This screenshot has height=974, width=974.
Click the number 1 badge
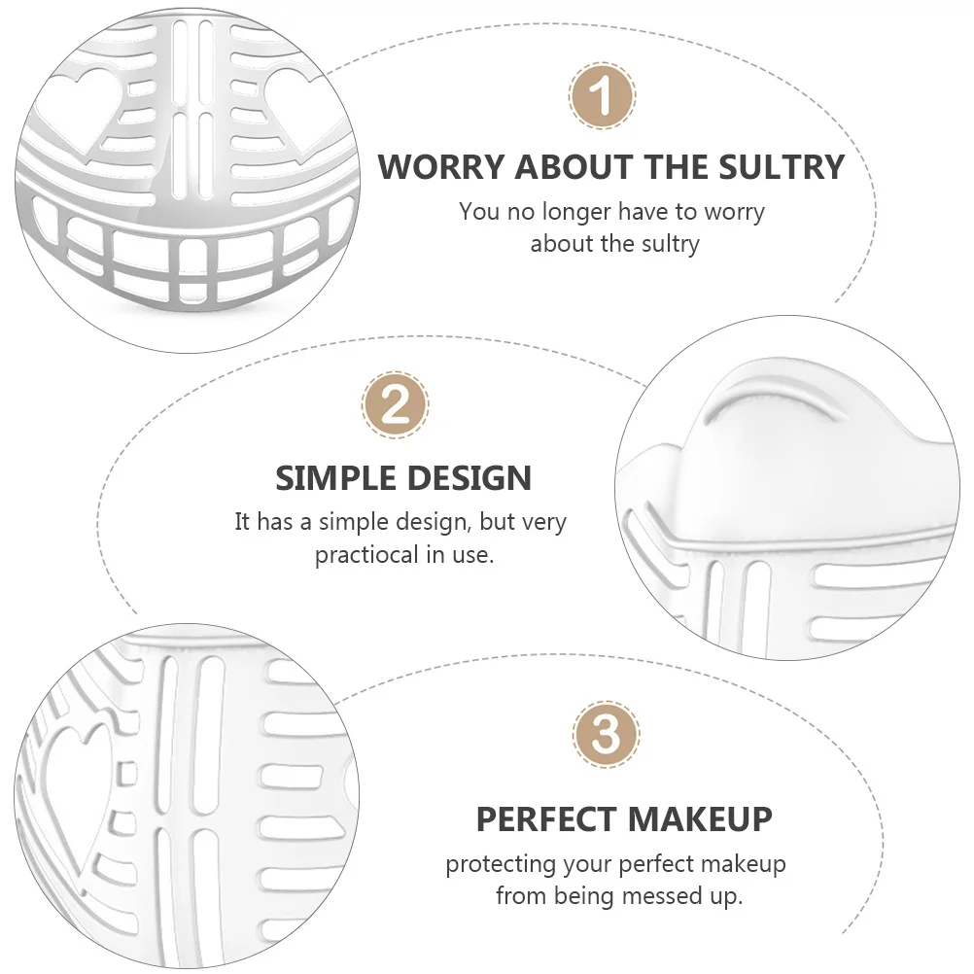(602, 97)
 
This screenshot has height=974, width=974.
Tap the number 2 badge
(396, 404)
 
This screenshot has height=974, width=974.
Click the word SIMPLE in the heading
(335, 478)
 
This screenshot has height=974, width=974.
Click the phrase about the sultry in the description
(614, 243)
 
